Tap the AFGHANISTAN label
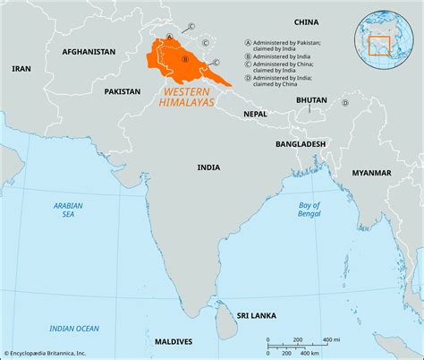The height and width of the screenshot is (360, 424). pyautogui.click(x=89, y=52)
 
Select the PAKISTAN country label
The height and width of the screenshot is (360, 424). pyautogui.click(x=122, y=91)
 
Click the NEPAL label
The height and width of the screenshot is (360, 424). pyautogui.click(x=255, y=115)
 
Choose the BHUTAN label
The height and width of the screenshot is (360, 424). pyautogui.click(x=311, y=103)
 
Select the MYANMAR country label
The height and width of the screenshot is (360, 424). pyautogui.click(x=371, y=172)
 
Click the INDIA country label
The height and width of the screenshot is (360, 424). pyautogui.click(x=208, y=167)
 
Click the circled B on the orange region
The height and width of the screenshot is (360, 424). pyautogui.click(x=184, y=60)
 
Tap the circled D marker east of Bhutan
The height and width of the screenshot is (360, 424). pyautogui.click(x=343, y=102)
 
